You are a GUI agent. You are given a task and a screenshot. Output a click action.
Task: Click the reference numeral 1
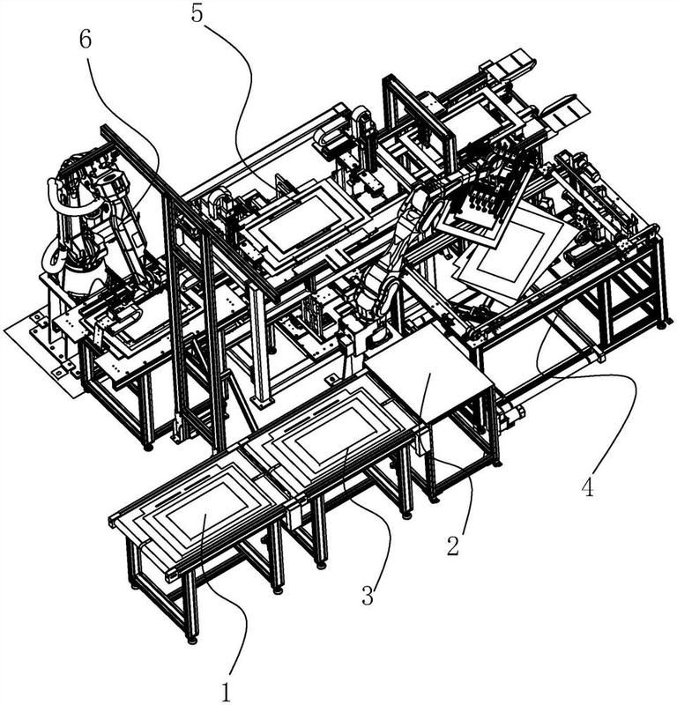click(x=226, y=692)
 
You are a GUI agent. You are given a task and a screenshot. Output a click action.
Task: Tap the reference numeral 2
click(x=453, y=545)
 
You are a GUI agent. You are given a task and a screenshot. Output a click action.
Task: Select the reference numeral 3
click(x=368, y=596)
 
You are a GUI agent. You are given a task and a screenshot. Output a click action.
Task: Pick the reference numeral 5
click(x=197, y=13)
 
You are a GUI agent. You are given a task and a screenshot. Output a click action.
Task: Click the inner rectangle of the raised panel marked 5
click(x=301, y=219)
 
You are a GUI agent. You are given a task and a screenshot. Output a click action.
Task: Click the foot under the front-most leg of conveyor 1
click(x=192, y=639)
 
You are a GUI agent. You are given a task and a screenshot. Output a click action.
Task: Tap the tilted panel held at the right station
click(x=509, y=252)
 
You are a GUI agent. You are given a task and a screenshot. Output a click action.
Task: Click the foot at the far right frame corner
click(x=667, y=322)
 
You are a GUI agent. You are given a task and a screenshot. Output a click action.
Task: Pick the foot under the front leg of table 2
click(x=433, y=499)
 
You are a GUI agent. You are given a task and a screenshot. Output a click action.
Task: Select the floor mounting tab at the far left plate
click(x=57, y=374)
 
